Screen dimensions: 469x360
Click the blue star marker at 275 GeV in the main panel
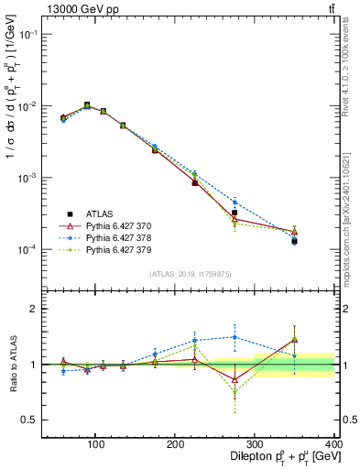tap(235, 202)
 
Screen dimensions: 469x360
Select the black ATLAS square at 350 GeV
tap(294, 241)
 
